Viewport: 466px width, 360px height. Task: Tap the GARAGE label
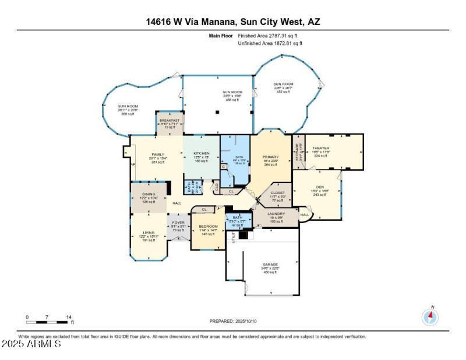pos(270,265)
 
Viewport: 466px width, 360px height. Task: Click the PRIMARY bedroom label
pos(270,157)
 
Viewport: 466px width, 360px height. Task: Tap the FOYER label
pos(177,223)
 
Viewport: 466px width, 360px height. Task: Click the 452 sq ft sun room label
pos(284,84)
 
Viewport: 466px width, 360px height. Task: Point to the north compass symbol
pos(430,316)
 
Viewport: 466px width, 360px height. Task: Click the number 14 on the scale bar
pos(69,317)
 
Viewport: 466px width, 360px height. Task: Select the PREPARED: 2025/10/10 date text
pos(232,321)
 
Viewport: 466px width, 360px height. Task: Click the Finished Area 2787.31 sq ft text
pos(270,36)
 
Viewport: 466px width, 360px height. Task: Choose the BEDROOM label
pos(208,226)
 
